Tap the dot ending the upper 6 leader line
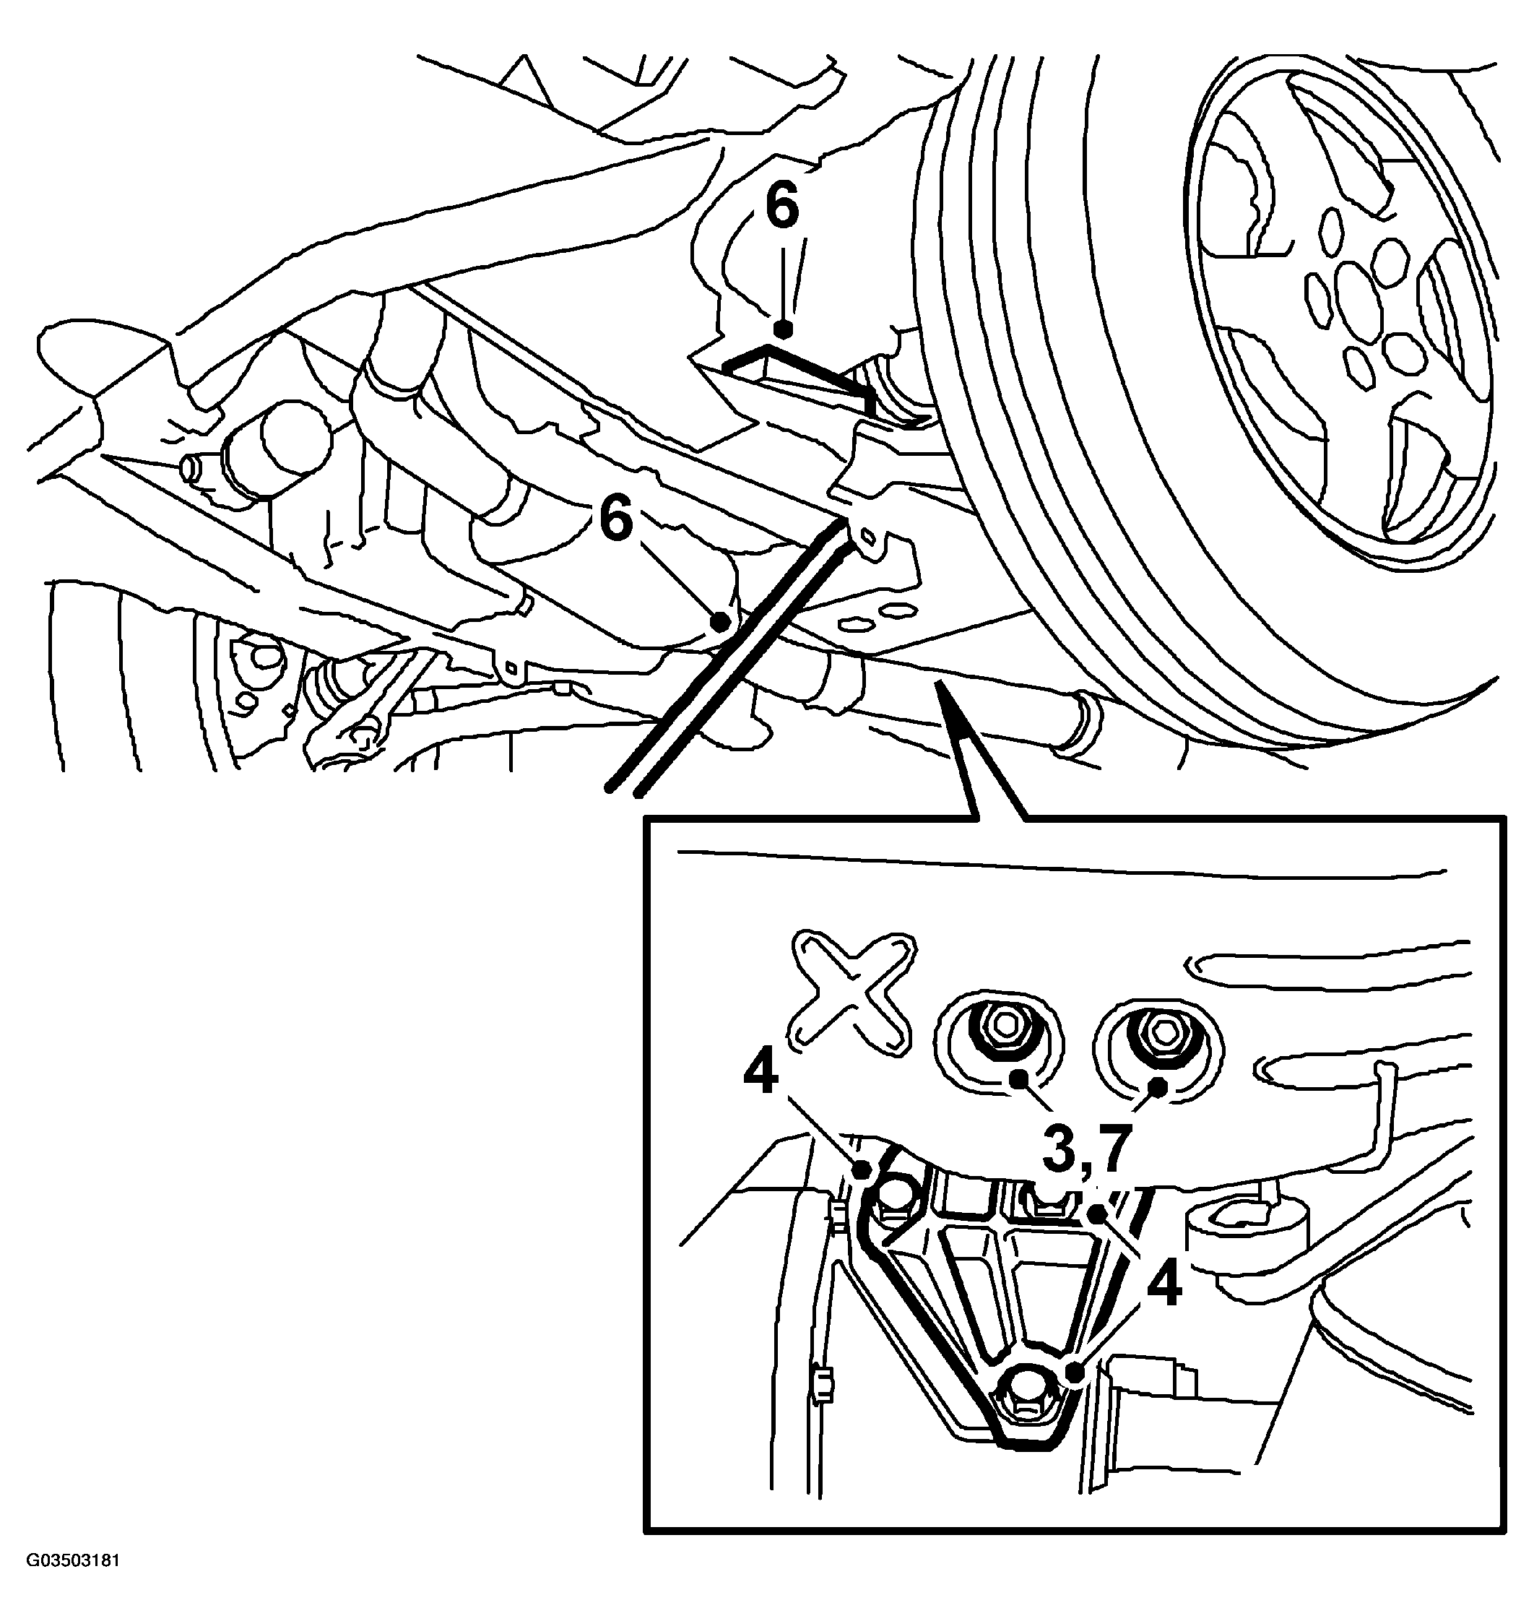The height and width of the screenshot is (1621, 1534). coord(784,329)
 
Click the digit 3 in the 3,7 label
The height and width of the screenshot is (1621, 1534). coord(1060,1151)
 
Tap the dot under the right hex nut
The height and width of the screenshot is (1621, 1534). coord(1158,1087)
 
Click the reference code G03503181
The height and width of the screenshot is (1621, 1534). coord(73,1583)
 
